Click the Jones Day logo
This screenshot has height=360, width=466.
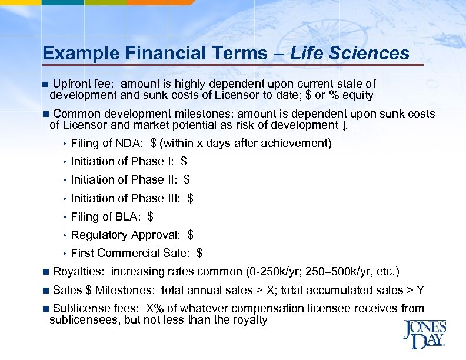424,335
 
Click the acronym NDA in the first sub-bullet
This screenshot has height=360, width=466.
131,143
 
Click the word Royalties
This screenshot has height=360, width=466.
79,271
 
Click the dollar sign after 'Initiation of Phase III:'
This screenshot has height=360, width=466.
190,198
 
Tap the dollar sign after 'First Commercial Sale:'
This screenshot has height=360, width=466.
200,253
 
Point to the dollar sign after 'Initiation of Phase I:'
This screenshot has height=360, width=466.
184,161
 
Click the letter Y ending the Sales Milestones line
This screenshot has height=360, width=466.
420,290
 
